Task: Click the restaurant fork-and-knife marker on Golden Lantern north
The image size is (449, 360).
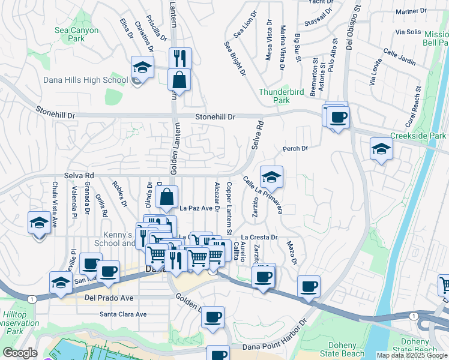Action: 179,58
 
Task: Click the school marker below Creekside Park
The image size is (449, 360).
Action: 381,148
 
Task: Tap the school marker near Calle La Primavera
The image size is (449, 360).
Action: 271,176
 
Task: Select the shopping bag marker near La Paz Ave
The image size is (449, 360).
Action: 167,196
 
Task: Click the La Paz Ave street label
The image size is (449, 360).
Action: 196,208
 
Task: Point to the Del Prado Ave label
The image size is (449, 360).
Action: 109,297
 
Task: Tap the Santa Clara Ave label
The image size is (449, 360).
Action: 123,314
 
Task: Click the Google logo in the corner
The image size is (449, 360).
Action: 19,353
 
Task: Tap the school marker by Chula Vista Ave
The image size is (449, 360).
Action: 40,223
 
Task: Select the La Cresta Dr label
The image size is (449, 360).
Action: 259,237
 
